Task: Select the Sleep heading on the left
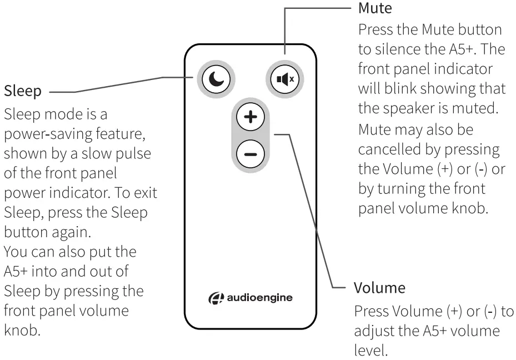pos(22,91)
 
